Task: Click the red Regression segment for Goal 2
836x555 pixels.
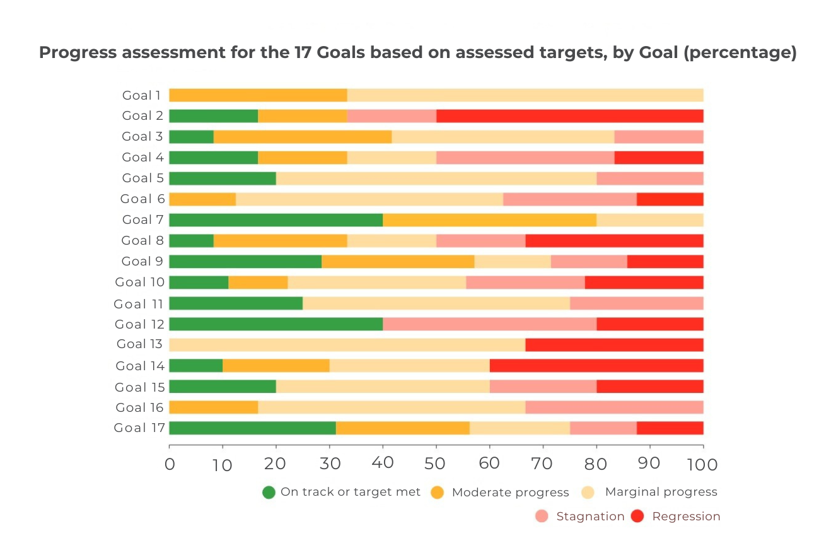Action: coord(569,116)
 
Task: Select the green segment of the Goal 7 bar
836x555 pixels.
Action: coord(276,220)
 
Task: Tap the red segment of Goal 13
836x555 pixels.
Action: coord(614,345)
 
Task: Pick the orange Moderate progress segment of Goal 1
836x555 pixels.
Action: coord(258,95)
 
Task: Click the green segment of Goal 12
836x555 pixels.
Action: coord(276,324)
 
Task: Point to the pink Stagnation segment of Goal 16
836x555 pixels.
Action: coord(614,407)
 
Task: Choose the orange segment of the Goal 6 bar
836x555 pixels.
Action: coord(202,199)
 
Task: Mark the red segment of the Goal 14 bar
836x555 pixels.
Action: coord(596,366)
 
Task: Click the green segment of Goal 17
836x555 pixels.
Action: coord(252,428)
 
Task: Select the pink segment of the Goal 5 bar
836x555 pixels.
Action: coord(649,178)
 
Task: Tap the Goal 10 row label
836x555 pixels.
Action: coord(139,283)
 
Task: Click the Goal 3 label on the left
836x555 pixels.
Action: coord(142,137)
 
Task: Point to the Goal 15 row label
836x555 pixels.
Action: coord(139,387)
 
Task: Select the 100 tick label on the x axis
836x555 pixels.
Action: coord(703,465)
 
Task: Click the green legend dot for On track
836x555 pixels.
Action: coord(269,493)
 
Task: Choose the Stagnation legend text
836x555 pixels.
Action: coord(590,517)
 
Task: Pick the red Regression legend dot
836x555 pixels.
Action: coord(637,517)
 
